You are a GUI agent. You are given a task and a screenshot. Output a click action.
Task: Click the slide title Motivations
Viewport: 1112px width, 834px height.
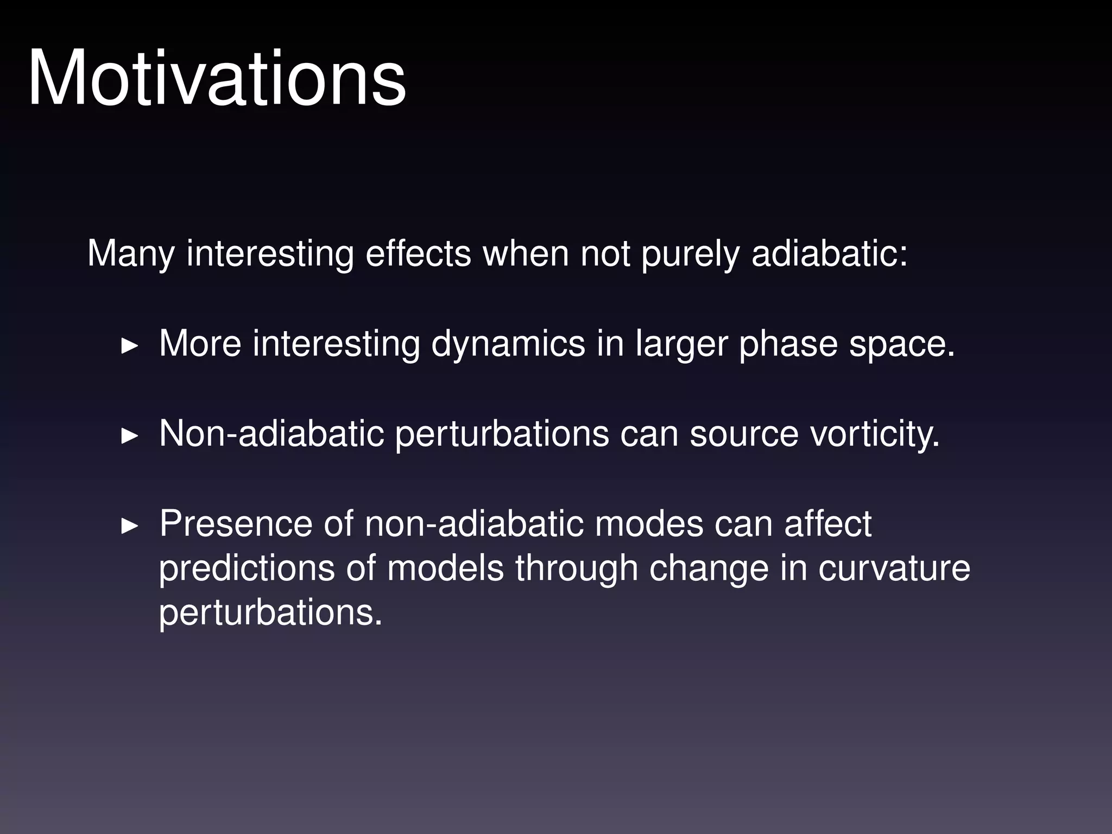216,79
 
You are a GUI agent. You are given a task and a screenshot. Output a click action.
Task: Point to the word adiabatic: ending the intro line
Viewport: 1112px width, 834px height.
829,253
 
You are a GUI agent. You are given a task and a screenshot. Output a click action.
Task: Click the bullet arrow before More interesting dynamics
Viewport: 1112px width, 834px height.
129,345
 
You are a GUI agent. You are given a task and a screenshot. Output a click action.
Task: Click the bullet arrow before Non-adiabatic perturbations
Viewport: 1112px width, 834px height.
129,435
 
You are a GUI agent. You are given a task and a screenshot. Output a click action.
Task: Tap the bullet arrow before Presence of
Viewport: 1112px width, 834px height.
129,526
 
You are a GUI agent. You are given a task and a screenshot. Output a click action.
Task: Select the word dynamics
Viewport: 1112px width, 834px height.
508,344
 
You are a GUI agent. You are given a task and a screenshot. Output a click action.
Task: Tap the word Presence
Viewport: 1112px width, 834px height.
236,524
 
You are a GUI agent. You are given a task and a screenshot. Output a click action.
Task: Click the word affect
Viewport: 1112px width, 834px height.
827,524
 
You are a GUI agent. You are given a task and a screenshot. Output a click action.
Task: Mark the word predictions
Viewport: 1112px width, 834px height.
247,569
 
